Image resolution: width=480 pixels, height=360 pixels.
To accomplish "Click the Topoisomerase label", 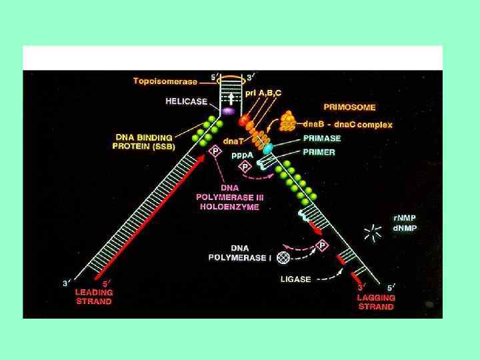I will tap(165, 81).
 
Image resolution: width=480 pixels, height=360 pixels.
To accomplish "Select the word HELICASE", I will tap(187, 102).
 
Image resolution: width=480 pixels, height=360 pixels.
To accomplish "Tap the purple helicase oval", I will tap(229, 111).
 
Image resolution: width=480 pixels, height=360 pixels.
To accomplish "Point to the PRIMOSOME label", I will tap(349, 107).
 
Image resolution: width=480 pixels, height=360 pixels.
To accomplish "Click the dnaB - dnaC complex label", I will tap(347, 124).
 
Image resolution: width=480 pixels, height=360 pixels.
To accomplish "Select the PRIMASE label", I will tap(323, 139).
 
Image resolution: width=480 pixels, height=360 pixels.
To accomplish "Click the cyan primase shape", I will tap(268, 149).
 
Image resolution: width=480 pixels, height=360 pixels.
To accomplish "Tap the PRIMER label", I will tap(319, 152).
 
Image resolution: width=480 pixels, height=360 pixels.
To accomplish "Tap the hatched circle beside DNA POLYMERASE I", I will tap(284, 255).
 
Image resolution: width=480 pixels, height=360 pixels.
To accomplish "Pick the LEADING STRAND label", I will tap(94, 297).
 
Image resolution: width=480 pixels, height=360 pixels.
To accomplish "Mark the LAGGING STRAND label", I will tap(377, 302).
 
